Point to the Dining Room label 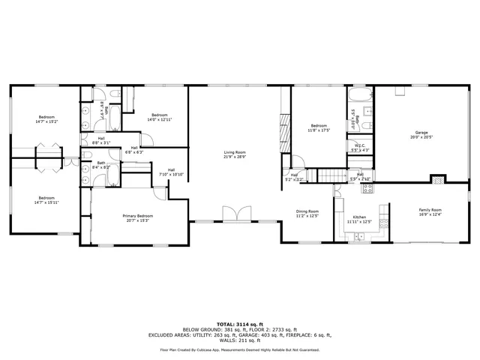coord(307,211)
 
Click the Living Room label coord(235,152)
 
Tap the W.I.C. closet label coord(360,145)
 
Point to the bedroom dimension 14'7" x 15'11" coord(46,202)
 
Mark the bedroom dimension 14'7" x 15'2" coord(46,121)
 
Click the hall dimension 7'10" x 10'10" coord(171,175)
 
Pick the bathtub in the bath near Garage coord(360,96)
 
